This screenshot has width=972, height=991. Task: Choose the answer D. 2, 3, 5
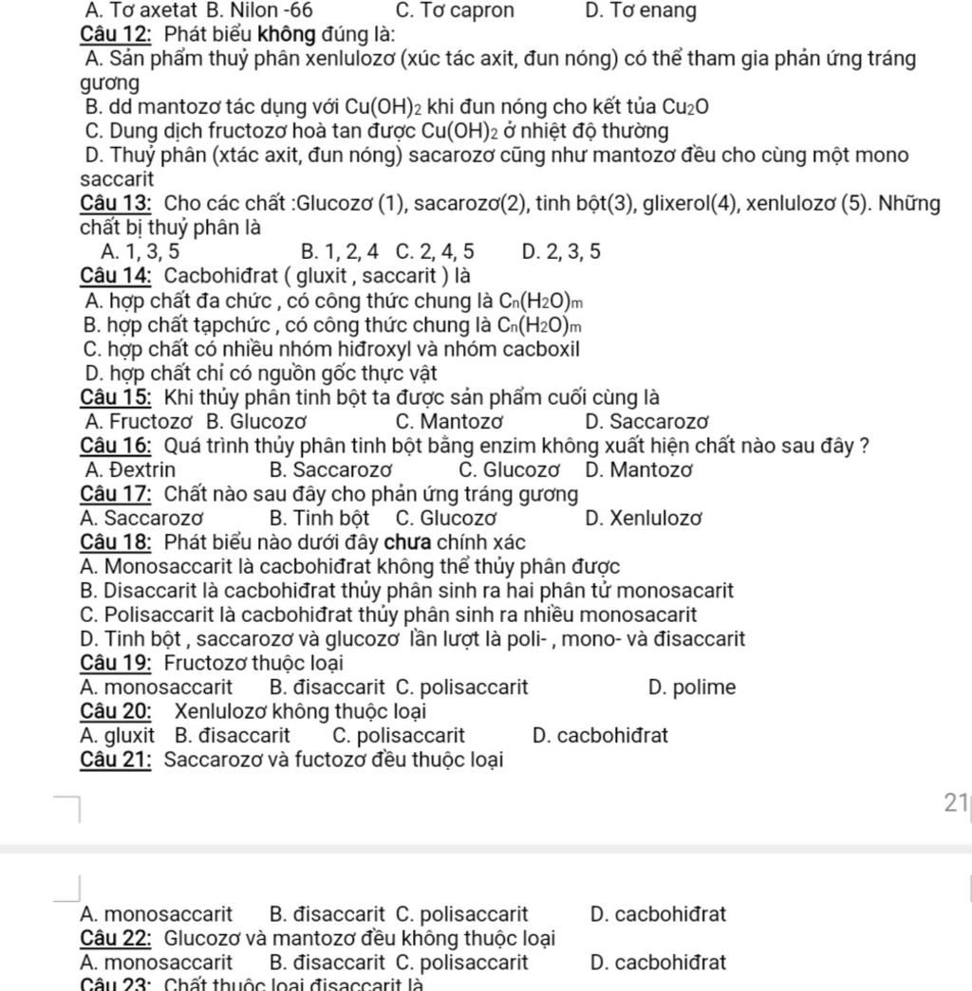point(561,251)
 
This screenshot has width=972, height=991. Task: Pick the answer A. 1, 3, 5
point(137,251)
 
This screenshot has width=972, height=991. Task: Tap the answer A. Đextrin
point(128,469)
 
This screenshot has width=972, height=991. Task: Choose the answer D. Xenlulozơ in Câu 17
point(645,518)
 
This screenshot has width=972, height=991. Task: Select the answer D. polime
point(692,688)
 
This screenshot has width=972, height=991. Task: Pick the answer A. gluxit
point(118,735)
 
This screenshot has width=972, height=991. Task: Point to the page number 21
point(954,802)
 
